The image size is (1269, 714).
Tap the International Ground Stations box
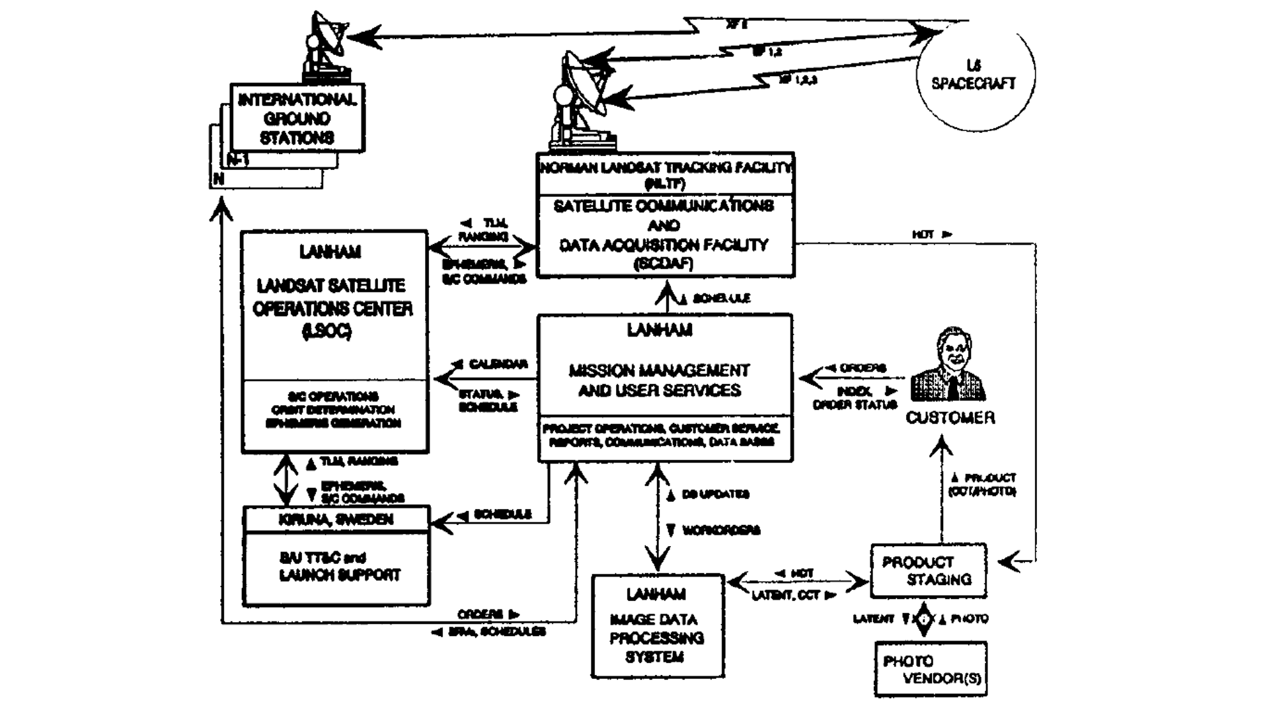tap(297, 119)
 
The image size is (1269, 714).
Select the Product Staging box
tap(928, 571)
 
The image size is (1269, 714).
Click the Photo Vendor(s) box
tap(931, 669)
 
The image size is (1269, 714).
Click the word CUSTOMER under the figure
tap(950, 418)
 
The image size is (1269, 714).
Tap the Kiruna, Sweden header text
tap(336, 520)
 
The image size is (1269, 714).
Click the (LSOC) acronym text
tap(327, 331)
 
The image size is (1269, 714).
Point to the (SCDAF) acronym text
tap(664, 264)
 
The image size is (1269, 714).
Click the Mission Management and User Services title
tap(660, 380)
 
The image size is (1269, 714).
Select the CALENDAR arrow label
tap(498, 364)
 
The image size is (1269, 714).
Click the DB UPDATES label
tap(715, 495)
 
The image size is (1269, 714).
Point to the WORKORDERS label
tap(720, 530)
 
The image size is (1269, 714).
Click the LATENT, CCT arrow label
tap(785, 596)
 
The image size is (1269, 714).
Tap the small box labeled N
tap(219, 179)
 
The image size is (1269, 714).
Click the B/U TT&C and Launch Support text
tap(339, 567)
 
